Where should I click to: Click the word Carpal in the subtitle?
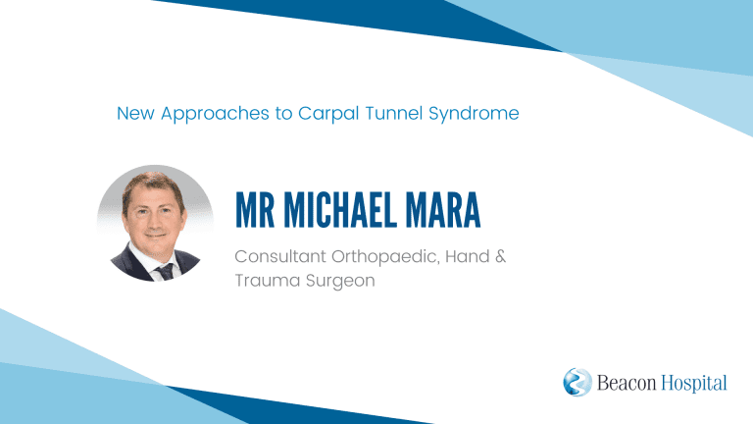pos(328,114)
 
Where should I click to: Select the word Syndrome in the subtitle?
pos(474,115)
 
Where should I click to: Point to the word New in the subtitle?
pos(135,114)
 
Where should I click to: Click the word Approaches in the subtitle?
pos(215,115)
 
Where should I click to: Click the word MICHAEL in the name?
pos(340,210)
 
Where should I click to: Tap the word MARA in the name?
pos(443,210)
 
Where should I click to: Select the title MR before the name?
pos(255,210)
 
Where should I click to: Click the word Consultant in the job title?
pos(280,256)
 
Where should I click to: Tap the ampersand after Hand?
pos(500,256)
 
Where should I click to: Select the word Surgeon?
pos(340,281)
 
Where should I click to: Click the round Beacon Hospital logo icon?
pos(577,382)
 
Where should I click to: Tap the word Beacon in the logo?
pos(627,383)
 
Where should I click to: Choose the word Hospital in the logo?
pos(694,384)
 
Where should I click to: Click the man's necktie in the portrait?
pos(165,272)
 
